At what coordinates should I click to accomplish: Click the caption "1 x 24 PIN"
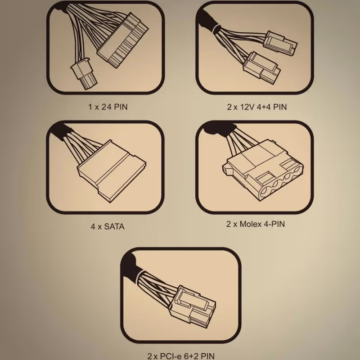tap(108, 107)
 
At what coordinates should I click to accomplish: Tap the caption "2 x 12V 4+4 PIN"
tap(257, 107)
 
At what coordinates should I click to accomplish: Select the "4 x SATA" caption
tap(108, 227)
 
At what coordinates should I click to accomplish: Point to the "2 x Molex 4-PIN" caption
tap(256, 224)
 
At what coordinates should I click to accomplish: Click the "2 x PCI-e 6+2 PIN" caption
tap(181, 356)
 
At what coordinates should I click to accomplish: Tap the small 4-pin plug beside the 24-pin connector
tap(84, 73)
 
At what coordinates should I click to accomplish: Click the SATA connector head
tap(111, 171)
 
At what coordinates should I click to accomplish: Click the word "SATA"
tap(114, 227)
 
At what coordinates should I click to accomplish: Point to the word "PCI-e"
tap(171, 356)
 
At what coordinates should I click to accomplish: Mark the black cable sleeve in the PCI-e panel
tap(131, 266)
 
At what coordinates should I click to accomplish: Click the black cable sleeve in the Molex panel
tap(218, 128)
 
